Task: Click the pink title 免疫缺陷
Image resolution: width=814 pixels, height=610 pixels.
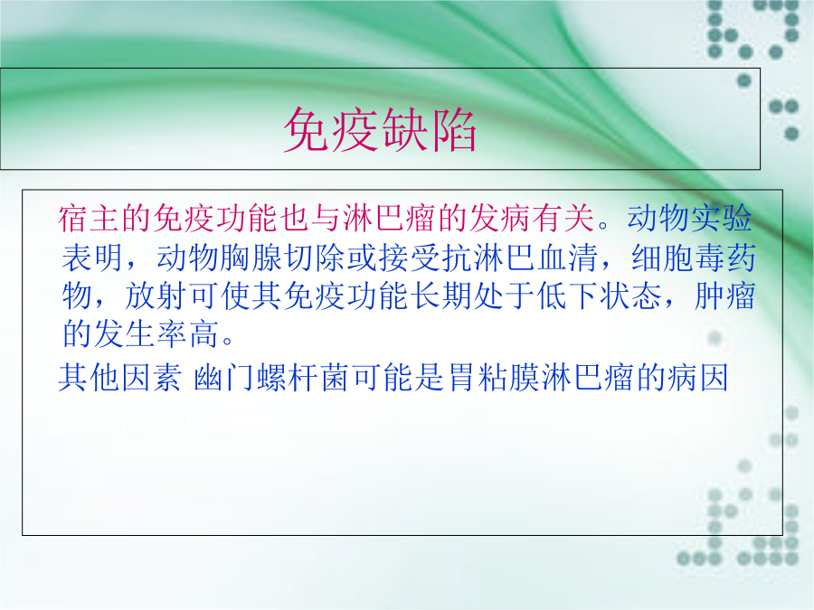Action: pos(380,129)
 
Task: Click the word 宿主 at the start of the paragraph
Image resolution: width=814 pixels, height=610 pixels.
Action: pos(89,218)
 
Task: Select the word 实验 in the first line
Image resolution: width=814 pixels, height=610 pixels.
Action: pos(721,218)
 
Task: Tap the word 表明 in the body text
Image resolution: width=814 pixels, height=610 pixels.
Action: pos(92,258)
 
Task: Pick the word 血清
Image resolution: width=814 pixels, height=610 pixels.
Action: pos(567,258)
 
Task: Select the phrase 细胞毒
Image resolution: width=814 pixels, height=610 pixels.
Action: pos(678,258)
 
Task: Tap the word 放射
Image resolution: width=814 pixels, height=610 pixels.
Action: pos(156,296)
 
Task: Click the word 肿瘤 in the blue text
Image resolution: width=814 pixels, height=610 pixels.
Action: pos(724,296)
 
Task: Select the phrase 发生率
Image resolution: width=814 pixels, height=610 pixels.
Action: pos(140,333)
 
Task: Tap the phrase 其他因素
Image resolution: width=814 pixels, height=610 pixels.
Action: pos(120,377)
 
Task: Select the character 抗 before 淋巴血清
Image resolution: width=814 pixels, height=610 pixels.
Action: pos(457,258)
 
